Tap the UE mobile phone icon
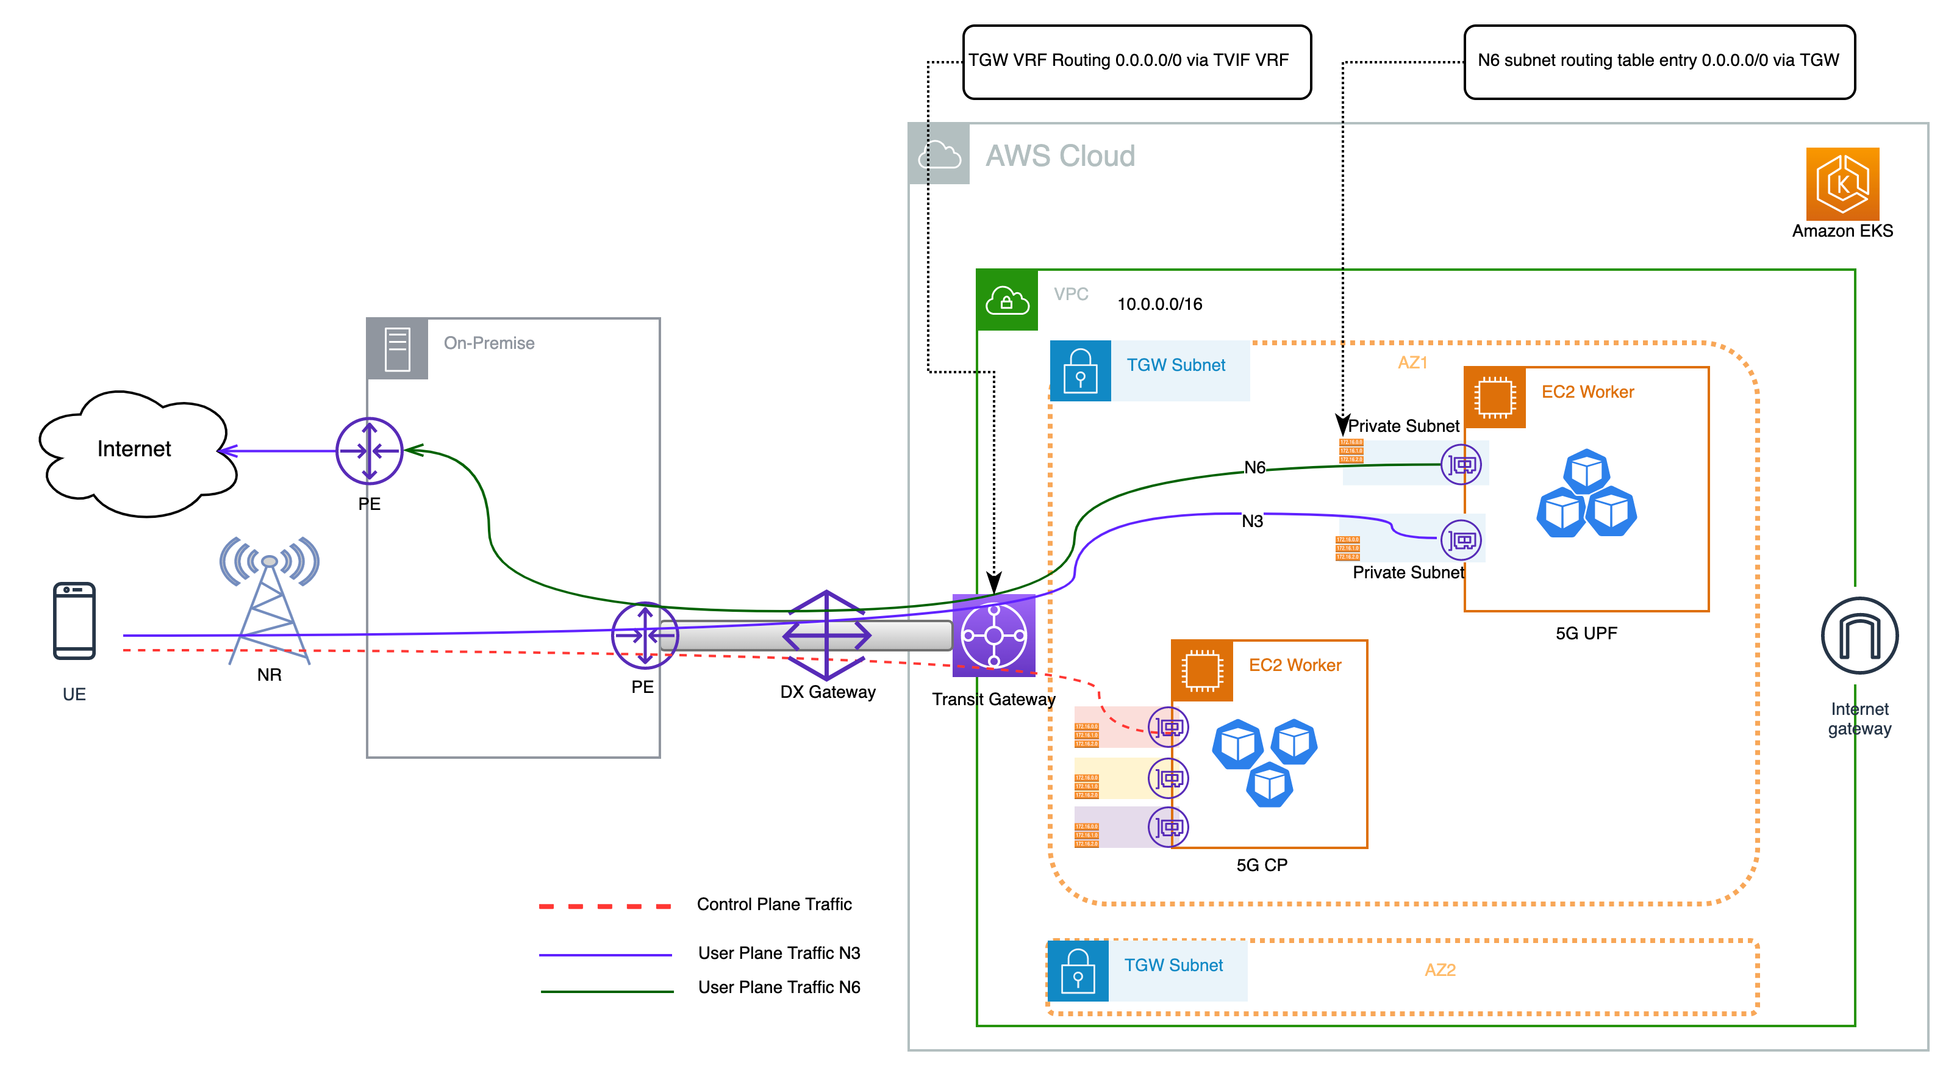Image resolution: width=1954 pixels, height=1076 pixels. (x=74, y=621)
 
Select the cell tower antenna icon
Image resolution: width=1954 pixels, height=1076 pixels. (x=270, y=600)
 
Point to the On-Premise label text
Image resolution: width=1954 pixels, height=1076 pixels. (x=489, y=343)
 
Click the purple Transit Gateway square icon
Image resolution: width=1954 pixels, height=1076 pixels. (x=993, y=635)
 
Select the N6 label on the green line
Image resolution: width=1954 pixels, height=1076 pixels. (x=1254, y=467)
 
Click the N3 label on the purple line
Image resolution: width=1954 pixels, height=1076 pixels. (x=1251, y=522)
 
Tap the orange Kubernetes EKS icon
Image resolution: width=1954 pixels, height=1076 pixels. (x=1842, y=184)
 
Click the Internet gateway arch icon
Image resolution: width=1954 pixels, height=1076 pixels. (x=1859, y=635)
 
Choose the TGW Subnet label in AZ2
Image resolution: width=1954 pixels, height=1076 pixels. (x=1173, y=965)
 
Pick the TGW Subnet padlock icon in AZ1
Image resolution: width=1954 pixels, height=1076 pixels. (x=1080, y=370)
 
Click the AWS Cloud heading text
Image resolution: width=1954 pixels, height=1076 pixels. (x=1060, y=156)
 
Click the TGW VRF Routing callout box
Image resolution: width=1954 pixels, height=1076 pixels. (x=1136, y=62)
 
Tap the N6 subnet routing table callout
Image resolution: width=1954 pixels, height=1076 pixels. (x=1659, y=62)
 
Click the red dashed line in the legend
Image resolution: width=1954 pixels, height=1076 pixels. (x=604, y=906)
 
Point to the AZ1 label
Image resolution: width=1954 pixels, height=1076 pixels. (x=1412, y=363)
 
